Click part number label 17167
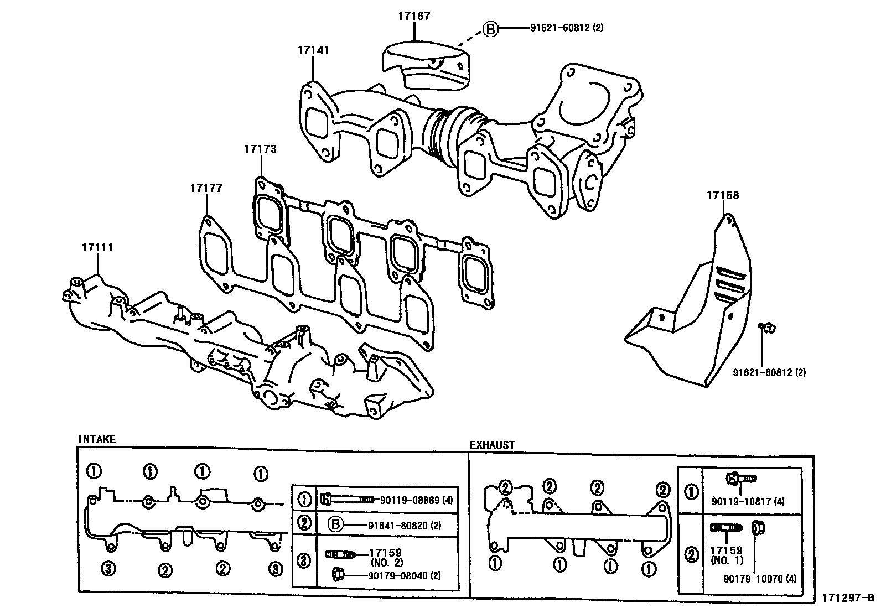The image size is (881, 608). click(413, 16)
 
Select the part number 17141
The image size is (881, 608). click(313, 50)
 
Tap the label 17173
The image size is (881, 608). click(260, 149)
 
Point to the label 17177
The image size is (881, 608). click(206, 188)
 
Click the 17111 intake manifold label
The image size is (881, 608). click(97, 247)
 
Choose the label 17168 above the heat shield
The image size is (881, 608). click(722, 195)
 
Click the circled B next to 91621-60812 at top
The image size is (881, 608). click(491, 28)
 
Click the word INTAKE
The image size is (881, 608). click(97, 439)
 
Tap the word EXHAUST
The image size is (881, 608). click(492, 445)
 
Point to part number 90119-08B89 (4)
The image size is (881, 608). click(416, 500)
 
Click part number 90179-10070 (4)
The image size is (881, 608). click(759, 579)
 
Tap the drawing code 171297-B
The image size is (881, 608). click(848, 597)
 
